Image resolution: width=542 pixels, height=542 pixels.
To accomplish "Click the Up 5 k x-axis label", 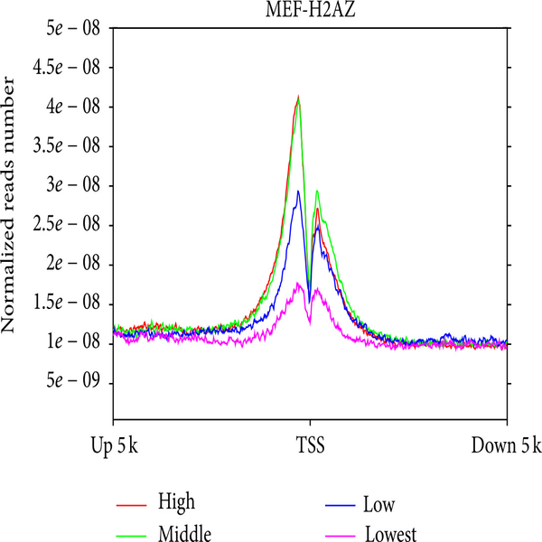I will coord(113,445).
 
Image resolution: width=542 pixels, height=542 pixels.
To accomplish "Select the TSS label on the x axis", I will coord(310,445).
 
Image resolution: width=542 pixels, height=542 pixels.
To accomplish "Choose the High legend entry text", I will coord(175,501).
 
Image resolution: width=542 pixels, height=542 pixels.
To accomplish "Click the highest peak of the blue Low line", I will coord(298,192).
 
